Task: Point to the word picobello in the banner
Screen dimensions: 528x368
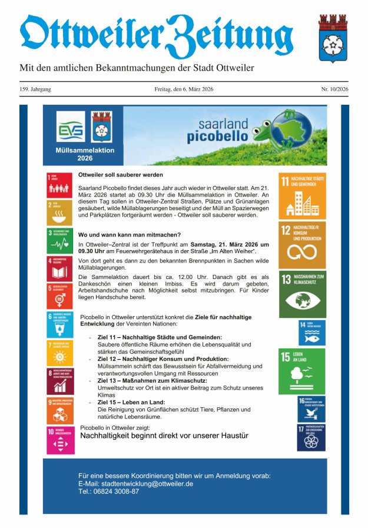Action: tap(214, 137)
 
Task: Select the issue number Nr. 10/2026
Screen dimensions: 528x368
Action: tap(334, 89)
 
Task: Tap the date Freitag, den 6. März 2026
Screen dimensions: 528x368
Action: tap(184, 89)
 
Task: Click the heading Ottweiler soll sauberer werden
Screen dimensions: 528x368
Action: tap(121, 175)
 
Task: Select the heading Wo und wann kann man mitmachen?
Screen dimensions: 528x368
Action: tap(125, 235)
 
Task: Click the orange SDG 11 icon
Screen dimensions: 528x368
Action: tap(302, 196)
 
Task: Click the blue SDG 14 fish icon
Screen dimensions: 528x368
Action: tap(311, 333)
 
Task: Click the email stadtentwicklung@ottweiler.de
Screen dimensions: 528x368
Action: tap(135, 483)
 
